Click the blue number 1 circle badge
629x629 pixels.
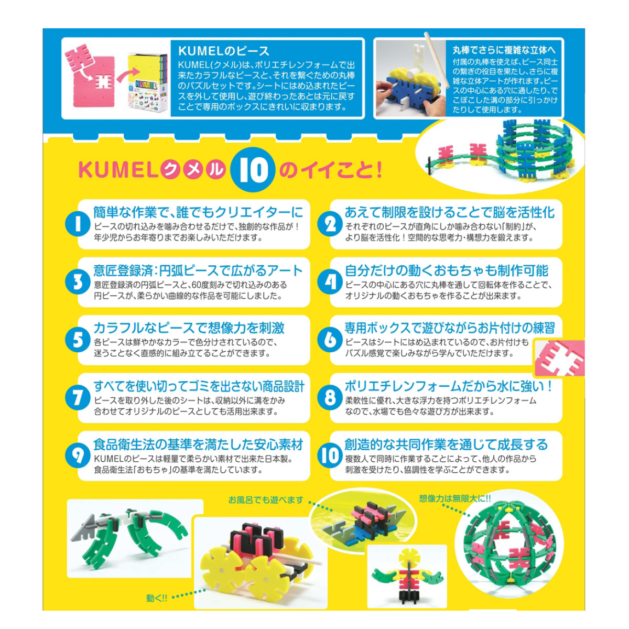pyautogui.click(x=78, y=224)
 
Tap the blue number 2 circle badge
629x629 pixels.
pyautogui.click(x=330, y=224)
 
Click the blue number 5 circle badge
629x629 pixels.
pyautogui.click(x=78, y=340)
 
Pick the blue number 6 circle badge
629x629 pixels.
pyautogui.click(x=330, y=340)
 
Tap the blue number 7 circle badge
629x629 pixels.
pyautogui.click(x=78, y=398)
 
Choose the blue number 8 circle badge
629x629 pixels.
pyautogui.click(x=330, y=398)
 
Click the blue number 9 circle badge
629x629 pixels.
pyautogui.click(x=78, y=456)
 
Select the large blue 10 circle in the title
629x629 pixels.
pyautogui.click(x=253, y=169)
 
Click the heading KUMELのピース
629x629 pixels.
pyautogui.click(x=224, y=51)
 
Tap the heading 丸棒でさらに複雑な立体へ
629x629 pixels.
pyautogui.click(x=504, y=50)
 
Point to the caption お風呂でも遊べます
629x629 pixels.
pyautogui.click(x=266, y=500)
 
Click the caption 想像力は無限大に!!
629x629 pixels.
pyautogui.click(x=454, y=498)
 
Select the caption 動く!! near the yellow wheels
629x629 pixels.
pyautogui.click(x=157, y=598)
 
